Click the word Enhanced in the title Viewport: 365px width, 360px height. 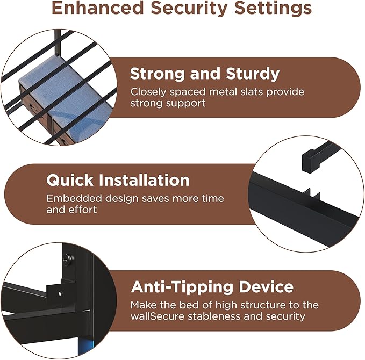point(98,8)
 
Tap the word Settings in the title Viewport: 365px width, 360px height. point(273,9)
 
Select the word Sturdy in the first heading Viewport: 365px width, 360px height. point(253,75)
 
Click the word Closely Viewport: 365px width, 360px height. point(148,92)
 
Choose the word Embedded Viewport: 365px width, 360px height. point(74,198)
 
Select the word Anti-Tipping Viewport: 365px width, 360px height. point(182,287)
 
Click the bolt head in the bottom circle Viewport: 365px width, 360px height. point(68,258)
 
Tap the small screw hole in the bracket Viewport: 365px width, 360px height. point(60,294)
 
